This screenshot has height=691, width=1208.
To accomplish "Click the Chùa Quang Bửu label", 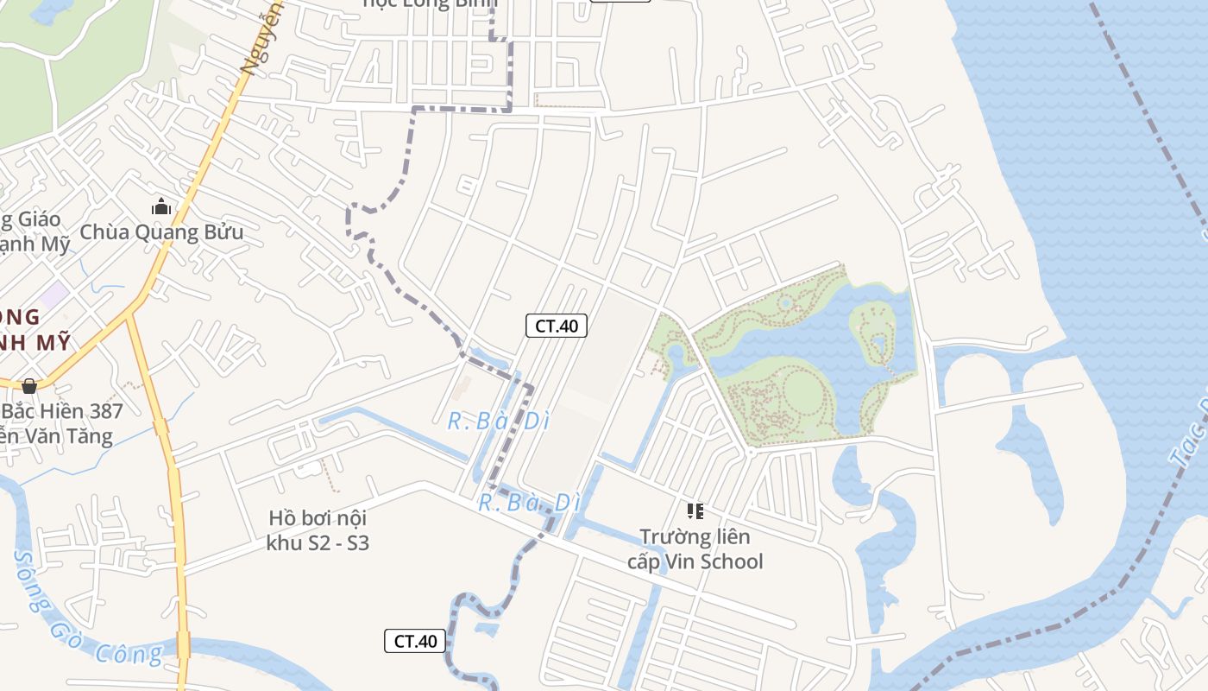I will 161,232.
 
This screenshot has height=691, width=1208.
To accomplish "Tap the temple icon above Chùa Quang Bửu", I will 161,207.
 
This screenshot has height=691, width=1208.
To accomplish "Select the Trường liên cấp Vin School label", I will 695,549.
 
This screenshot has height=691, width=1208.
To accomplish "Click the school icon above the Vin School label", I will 695,511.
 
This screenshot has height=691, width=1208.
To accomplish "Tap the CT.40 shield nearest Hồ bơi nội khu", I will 415,641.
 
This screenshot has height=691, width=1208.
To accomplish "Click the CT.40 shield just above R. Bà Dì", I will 557,326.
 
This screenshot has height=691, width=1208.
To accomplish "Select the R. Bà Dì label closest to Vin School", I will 528,502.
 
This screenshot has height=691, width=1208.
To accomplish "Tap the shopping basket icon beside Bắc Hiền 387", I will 29,386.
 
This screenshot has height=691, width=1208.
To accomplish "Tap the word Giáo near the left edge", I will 35,219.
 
